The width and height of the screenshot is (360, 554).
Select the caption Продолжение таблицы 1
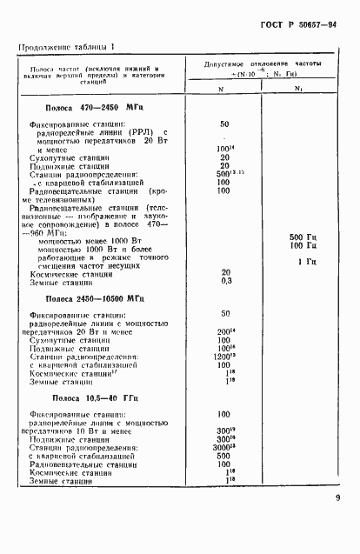pos(67,46)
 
